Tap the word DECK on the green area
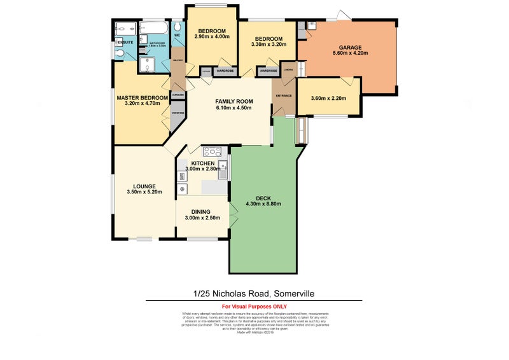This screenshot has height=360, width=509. click(264, 197)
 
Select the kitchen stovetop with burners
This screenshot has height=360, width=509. click(212, 152)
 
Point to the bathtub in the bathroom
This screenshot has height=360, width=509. click(155, 29)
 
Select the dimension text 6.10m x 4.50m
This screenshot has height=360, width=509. click(234, 108)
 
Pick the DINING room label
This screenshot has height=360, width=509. click(200, 211)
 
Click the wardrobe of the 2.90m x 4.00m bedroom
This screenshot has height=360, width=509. click(225, 71)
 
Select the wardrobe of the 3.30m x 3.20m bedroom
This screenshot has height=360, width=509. click(268, 71)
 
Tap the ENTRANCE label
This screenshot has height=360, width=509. click(283, 96)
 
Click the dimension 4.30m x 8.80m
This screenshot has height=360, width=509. click(264, 204)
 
